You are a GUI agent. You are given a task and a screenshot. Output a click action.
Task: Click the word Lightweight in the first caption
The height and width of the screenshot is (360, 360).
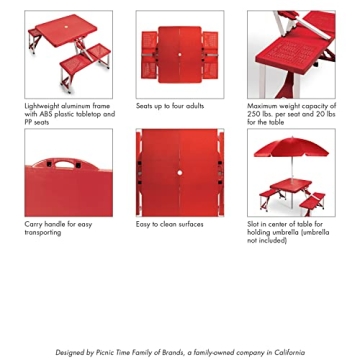[x=44, y=106]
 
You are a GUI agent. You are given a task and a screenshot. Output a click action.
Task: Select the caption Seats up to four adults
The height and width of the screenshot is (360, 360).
[x=170, y=106]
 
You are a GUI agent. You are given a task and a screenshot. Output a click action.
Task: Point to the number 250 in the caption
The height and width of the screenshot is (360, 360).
[x=256, y=114]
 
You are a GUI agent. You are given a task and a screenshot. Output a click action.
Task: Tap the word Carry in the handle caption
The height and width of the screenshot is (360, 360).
[x=33, y=224]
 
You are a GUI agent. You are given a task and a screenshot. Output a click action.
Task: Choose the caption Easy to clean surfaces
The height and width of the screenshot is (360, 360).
[x=170, y=224]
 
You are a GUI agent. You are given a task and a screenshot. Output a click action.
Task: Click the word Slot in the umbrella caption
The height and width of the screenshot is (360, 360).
[x=255, y=224]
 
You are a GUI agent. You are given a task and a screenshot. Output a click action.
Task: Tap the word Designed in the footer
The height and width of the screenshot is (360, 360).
[x=70, y=352]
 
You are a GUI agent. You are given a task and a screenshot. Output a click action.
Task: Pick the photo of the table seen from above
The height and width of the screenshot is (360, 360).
[x=180, y=54]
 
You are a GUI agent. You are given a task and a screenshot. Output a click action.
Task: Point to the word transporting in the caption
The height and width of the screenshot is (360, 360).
[x=43, y=232]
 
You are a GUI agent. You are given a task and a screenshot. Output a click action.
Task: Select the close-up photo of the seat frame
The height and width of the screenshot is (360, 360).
[x=291, y=54]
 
